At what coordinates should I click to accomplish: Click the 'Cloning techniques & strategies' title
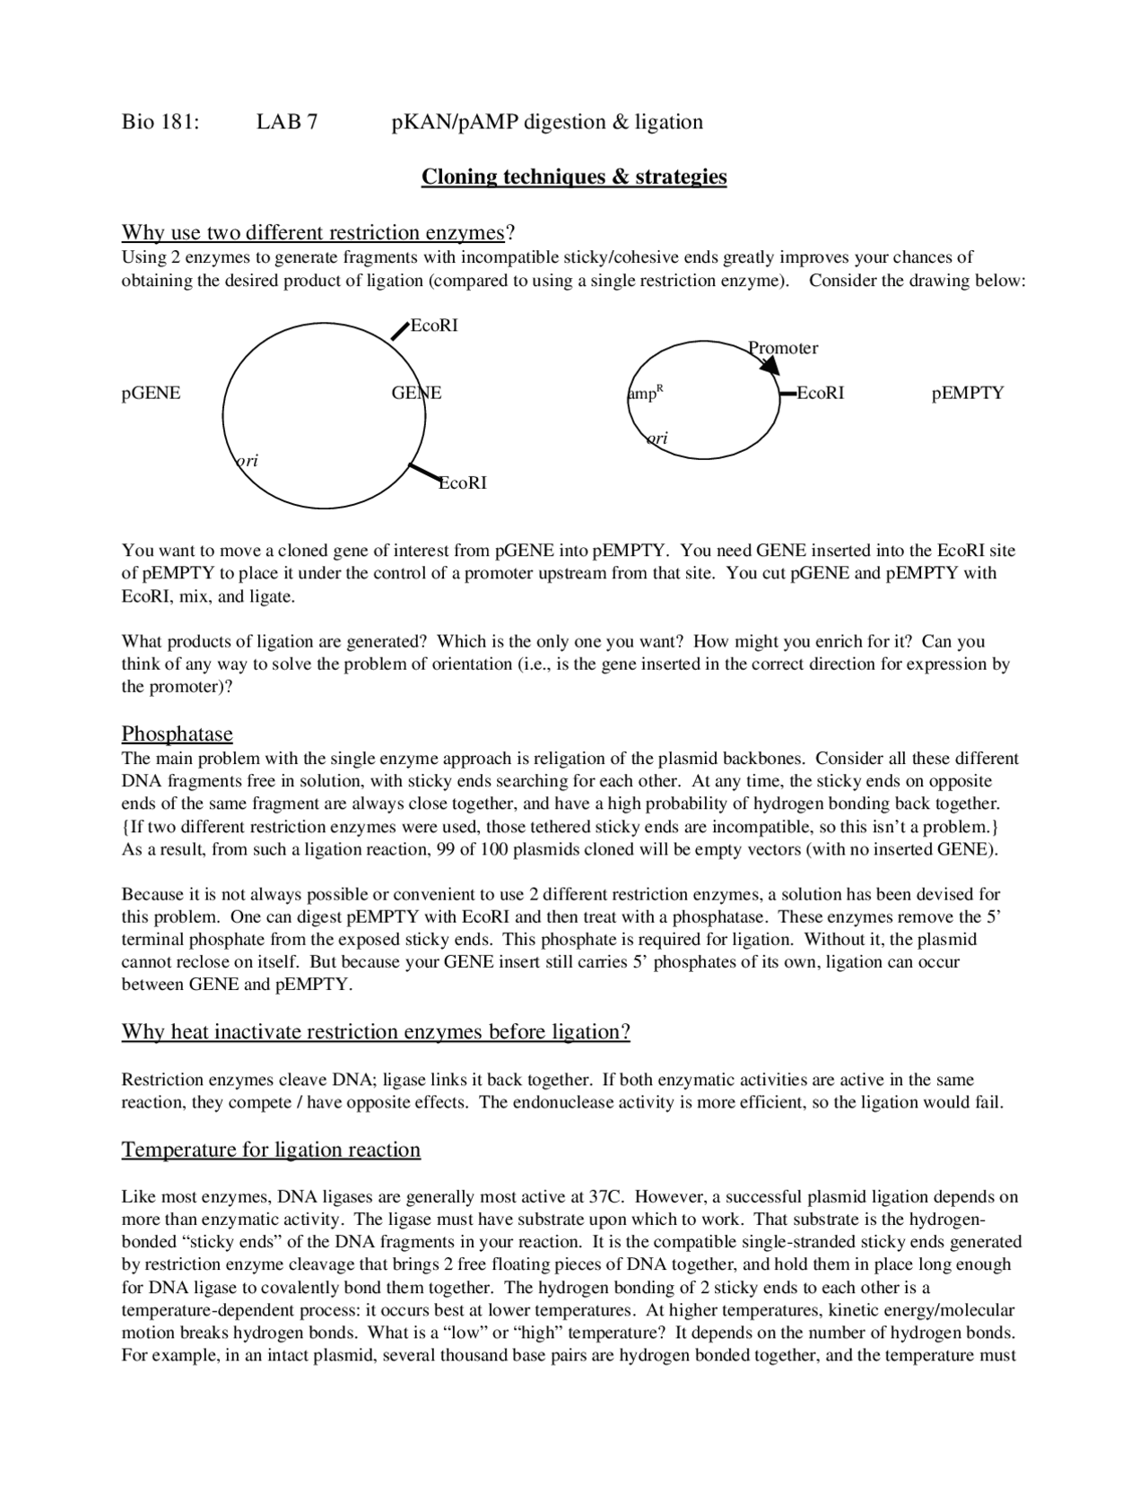[574, 177]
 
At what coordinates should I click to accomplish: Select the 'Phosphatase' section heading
[177, 734]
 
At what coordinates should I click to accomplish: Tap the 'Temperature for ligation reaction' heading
[271, 1150]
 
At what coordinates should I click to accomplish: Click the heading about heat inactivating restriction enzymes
[376, 1032]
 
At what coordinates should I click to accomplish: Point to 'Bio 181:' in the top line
[160, 122]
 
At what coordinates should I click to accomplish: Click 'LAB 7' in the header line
[286, 122]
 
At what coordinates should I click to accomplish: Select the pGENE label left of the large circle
[151, 394]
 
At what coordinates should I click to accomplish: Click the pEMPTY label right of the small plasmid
[968, 394]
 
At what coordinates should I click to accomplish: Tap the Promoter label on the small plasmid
[784, 348]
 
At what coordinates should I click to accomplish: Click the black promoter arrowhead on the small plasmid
[770, 365]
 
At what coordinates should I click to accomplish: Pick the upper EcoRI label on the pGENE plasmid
[434, 326]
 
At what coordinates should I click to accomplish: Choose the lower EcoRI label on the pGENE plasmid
[463, 483]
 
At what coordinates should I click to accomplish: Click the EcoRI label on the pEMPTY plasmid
[821, 394]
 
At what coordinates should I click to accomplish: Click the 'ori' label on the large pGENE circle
[248, 461]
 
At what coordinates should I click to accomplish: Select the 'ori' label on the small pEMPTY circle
[657, 439]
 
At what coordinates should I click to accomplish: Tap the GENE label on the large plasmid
[416, 394]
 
